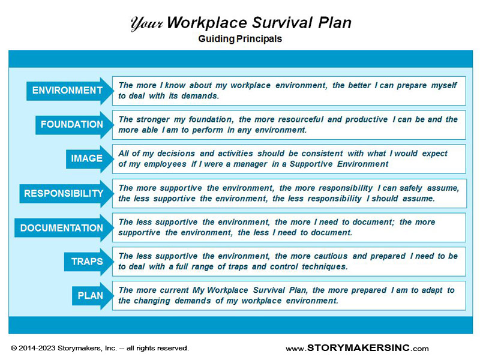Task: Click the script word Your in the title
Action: [x=146, y=24]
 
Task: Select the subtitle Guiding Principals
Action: [x=240, y=39]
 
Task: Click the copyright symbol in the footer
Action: [x=14, y=348]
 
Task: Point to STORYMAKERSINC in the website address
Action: [x=358, y=348]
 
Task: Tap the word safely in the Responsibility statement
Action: [x=411, y=188]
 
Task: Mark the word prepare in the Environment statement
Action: [x=412, y=86]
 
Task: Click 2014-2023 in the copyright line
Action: [x=37, y=348]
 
